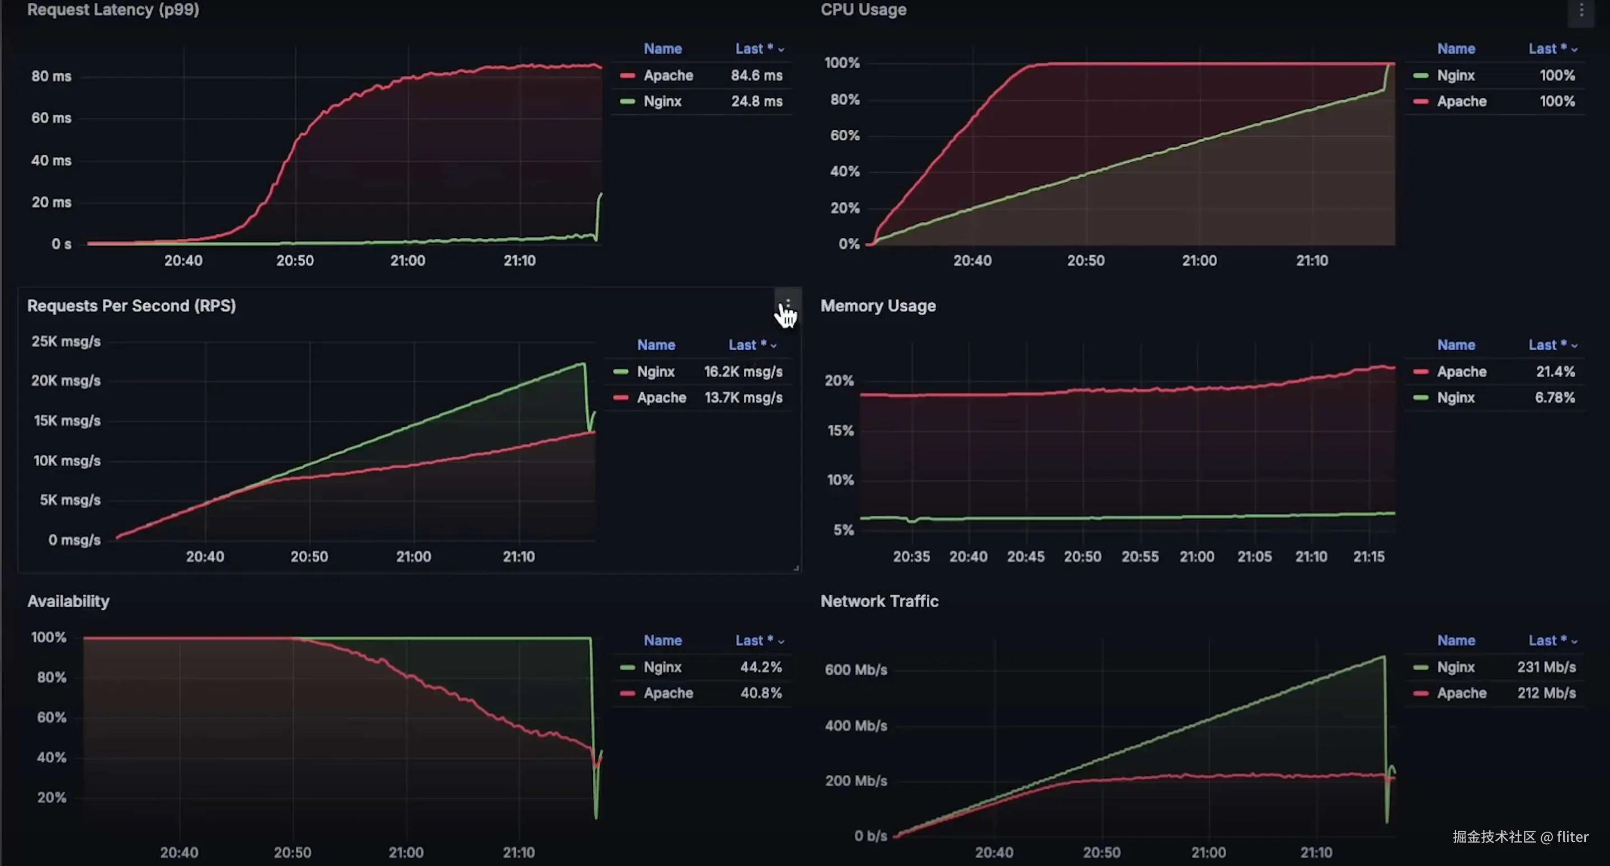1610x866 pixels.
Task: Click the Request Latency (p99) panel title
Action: pyautogui.click(x=113, y=10)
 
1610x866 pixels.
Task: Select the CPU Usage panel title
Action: pyautogui.click(x=863, y=10)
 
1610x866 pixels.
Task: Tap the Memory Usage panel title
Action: pyautogui.click(x=878, y=305)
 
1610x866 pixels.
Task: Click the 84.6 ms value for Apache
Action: pyautogui.click(x=756, y=76)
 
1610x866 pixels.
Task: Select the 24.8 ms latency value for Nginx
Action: pyautogui.click(x=756, y=101)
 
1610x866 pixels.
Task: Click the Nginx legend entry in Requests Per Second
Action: pyautogui.click(x=655, y=372)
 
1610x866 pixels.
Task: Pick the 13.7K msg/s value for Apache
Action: pyautogui.click(x=743, y=397)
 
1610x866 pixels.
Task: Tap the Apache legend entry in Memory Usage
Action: pyautogui.click(x=1461, y=372)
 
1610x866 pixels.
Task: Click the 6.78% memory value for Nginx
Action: pyautogui.click(x=1555, y=397)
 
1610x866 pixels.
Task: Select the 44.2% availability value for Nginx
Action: pyautogui.click(x=761, y=667)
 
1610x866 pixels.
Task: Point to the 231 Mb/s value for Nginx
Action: pyautogui.click(x=1546, y=667)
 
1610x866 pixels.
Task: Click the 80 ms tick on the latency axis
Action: pyautogui.click(x=51, y=76)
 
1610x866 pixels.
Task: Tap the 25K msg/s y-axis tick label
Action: pyautogui.click(x=65, y=342)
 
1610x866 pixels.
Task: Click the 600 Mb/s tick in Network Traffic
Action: pyautogui.click(x=855, y=670)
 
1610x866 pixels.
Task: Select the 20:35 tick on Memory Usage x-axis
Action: pyautogui.click(x=911, y=557)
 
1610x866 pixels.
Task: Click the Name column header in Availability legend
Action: pyautogui.click(x=662, y=641)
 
